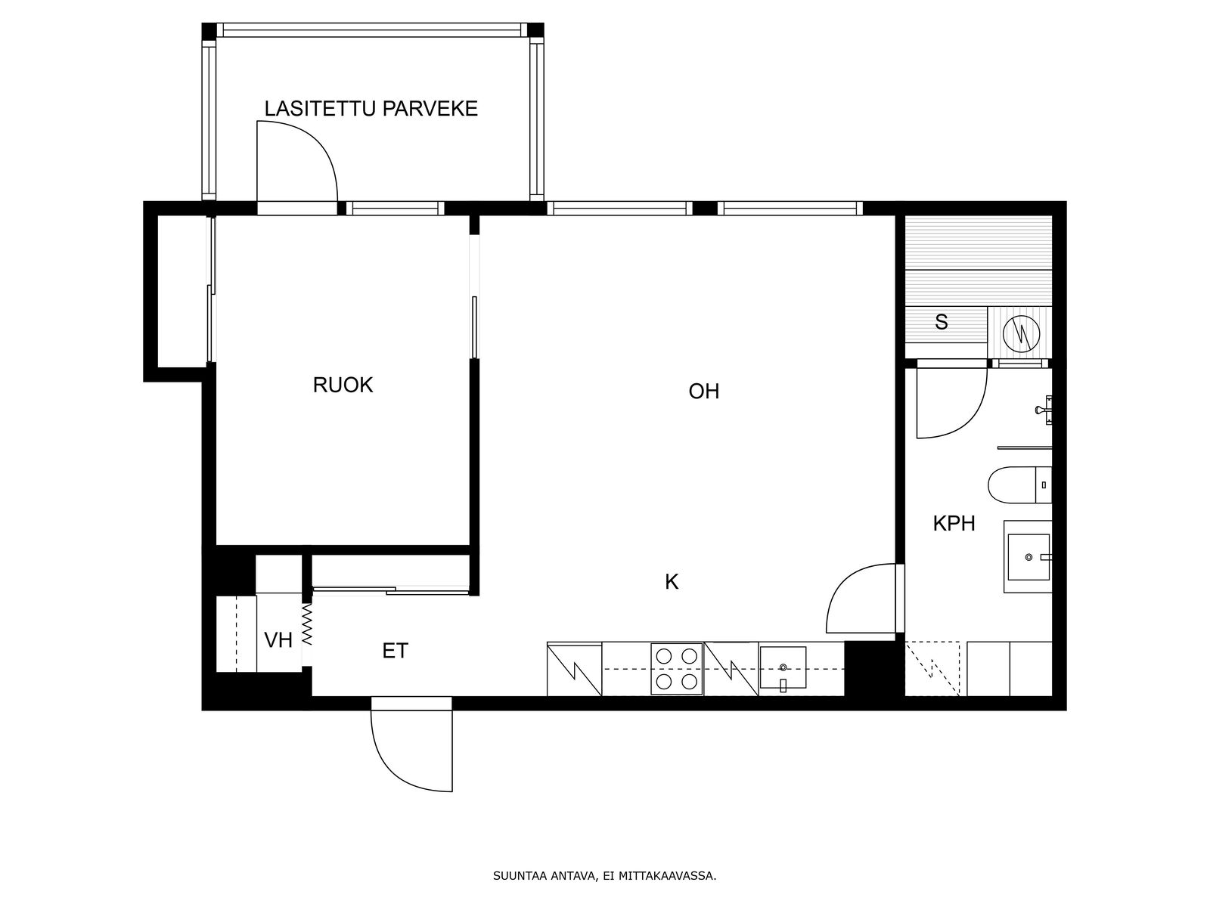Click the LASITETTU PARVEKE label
click(371, 109)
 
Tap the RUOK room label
click(343, 385)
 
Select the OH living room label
click(704, 391)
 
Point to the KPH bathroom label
click(954, 523)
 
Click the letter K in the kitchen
click(672, 581)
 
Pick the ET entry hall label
click(396, 651)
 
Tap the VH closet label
click(278, 640)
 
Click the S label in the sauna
click(941, 322)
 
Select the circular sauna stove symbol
click(1021, 334)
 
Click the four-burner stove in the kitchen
click(677, 669)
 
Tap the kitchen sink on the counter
click(783, 668)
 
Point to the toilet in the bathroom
click(1020, 484)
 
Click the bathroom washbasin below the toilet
click(1028, 557)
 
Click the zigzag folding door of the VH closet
click(307, 625)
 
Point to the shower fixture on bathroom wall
click(1046, 410)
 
